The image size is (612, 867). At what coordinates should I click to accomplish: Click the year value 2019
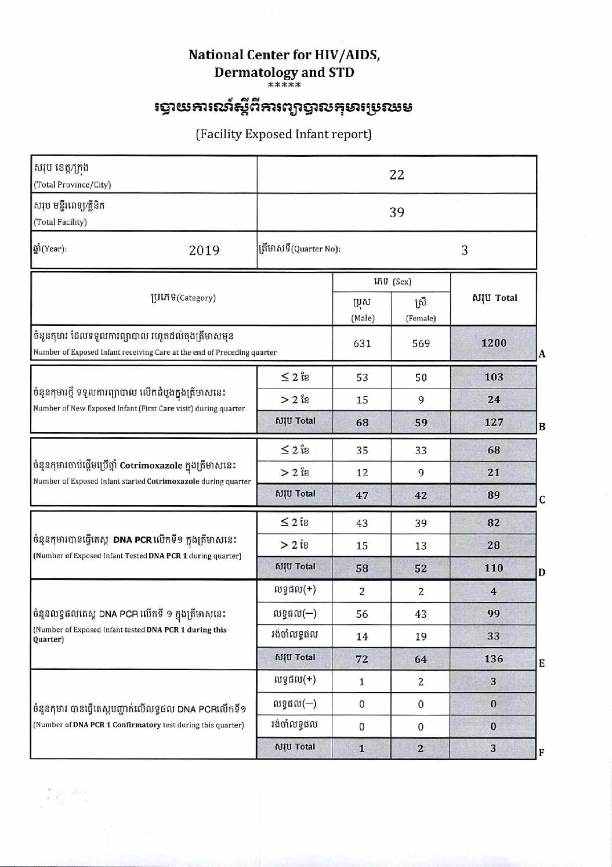[204, 250]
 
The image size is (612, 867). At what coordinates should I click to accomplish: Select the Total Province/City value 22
[397, 175]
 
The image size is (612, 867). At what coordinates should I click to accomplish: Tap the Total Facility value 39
[397, 213]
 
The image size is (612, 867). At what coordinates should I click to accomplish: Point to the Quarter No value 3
[464, 250]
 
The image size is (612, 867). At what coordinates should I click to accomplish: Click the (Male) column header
[363, 318]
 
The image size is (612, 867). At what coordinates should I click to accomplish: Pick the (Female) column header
[421, 318]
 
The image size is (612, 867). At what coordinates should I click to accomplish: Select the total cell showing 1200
[494, 343]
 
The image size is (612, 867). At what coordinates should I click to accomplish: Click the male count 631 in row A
[362, 344]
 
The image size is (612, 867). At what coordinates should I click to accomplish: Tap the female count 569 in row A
[421, 344]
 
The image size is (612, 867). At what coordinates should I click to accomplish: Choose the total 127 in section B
[494, 422]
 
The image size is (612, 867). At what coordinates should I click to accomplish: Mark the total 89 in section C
[494, 495]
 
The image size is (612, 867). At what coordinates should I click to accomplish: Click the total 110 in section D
[494, 568]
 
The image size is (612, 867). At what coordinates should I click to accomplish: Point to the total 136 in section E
[494, 659]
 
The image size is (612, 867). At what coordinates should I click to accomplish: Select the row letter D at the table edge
[542, 573]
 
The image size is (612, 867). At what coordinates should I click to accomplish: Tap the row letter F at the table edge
[541, 753]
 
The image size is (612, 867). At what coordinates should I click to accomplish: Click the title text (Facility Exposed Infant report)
[284, 134]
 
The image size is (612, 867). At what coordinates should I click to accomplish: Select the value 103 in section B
[494, 377]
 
